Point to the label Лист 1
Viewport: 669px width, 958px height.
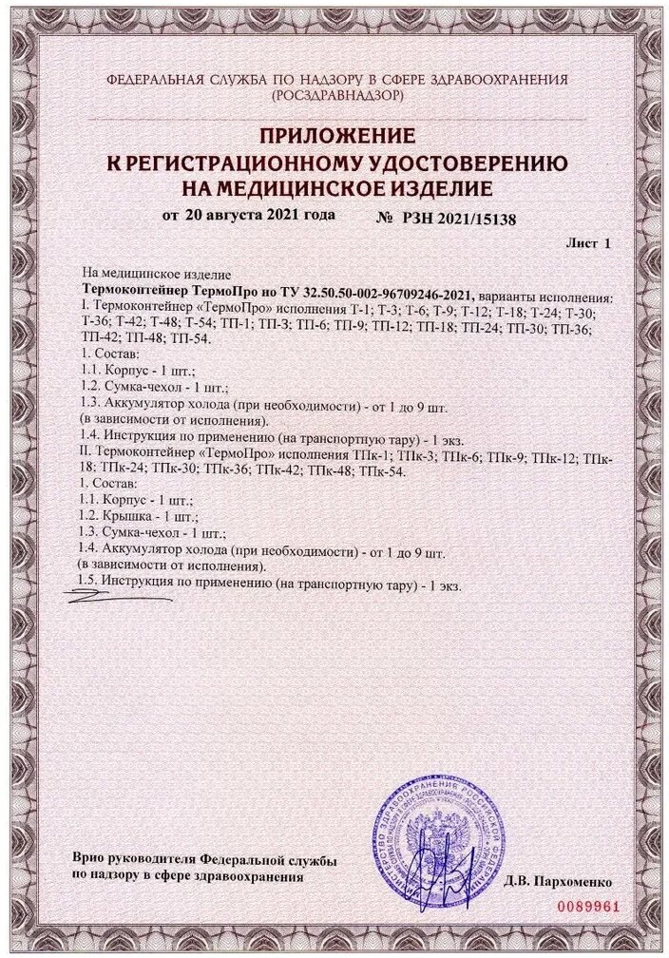pos(588,244)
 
